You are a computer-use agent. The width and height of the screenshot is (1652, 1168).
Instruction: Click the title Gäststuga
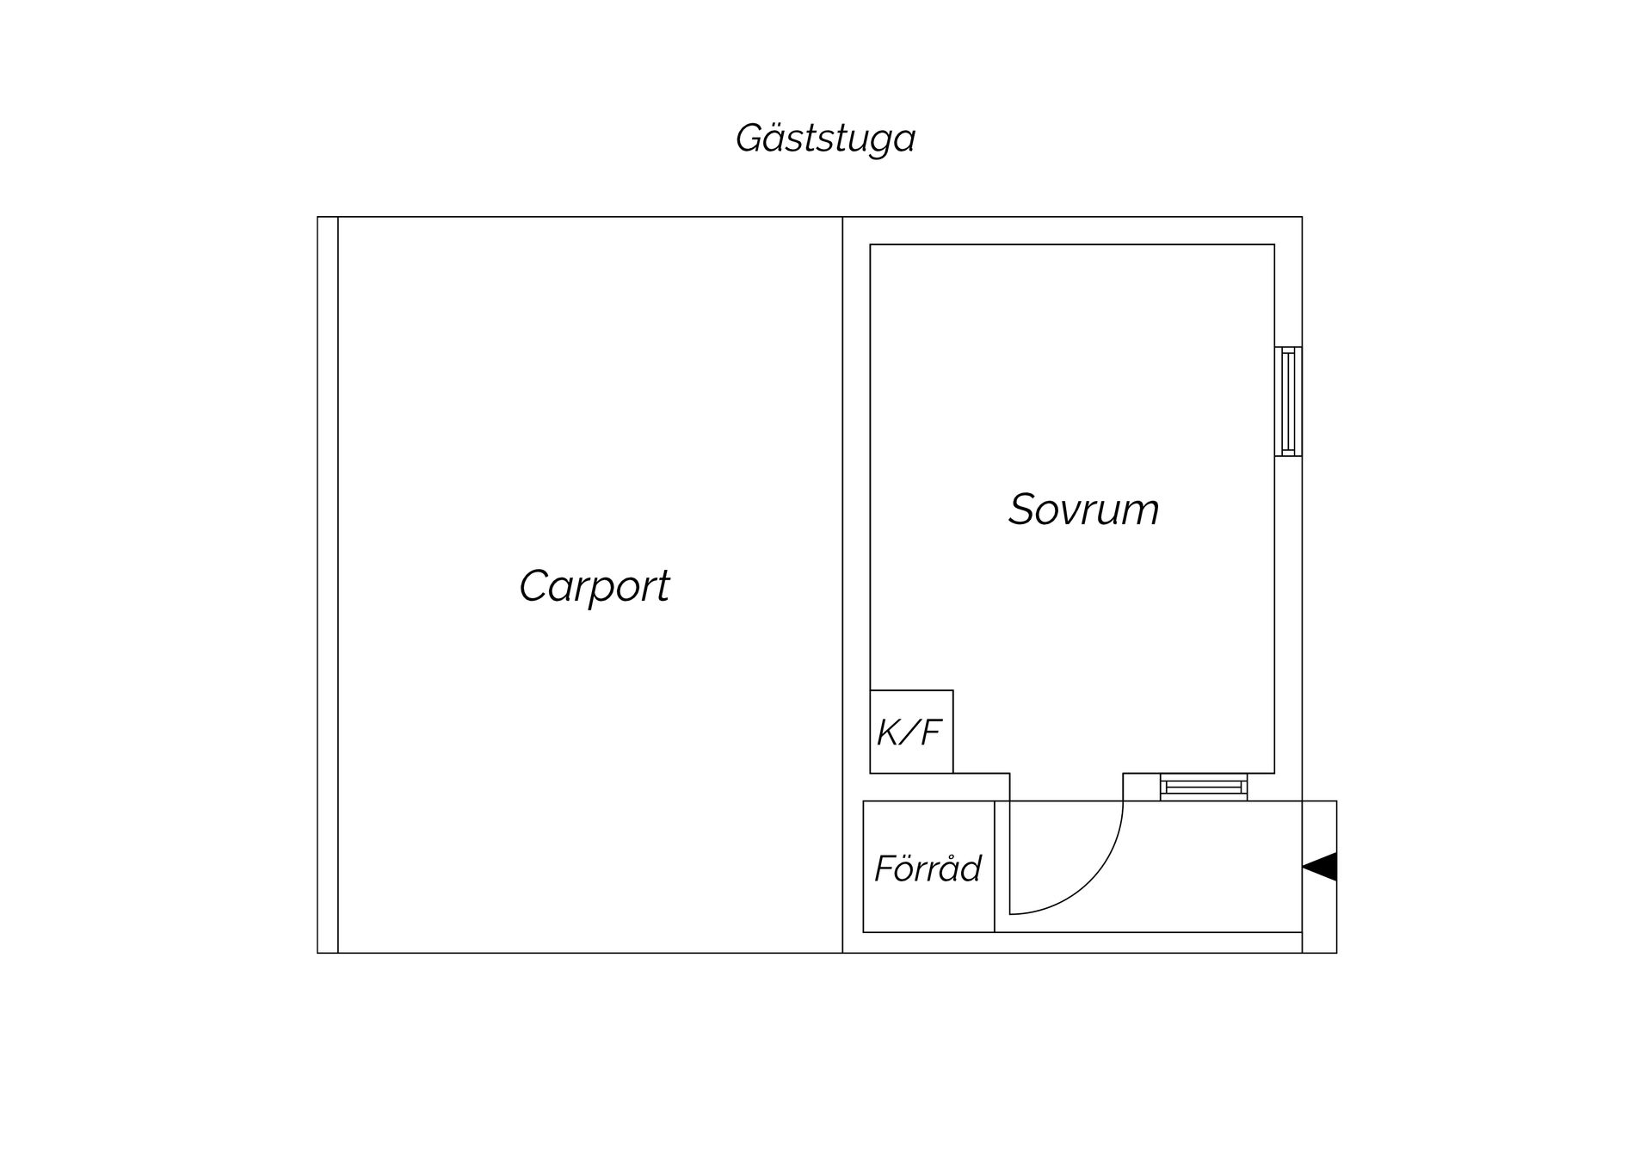[825, 139]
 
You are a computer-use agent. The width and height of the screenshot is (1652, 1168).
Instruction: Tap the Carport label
[595, 587]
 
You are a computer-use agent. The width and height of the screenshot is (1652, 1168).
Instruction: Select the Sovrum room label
[1084, 509]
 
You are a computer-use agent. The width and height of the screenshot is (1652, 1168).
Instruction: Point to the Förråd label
[928, 868]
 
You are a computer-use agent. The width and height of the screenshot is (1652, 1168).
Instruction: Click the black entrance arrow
[1320, 867]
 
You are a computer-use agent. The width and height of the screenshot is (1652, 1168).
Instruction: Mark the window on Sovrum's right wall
[1288, 401]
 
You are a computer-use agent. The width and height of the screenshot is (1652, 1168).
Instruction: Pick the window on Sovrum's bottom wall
[1203, 787]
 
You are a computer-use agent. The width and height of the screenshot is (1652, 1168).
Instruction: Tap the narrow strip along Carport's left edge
[328, 584]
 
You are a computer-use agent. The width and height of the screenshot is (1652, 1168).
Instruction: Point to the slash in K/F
[909, 732]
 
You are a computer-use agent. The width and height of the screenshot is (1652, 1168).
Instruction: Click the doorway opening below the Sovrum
[1067, 787]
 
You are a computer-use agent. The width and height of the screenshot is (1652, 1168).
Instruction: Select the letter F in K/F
[930, 732]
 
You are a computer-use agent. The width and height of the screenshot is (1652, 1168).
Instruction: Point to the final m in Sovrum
[1141, 514]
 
